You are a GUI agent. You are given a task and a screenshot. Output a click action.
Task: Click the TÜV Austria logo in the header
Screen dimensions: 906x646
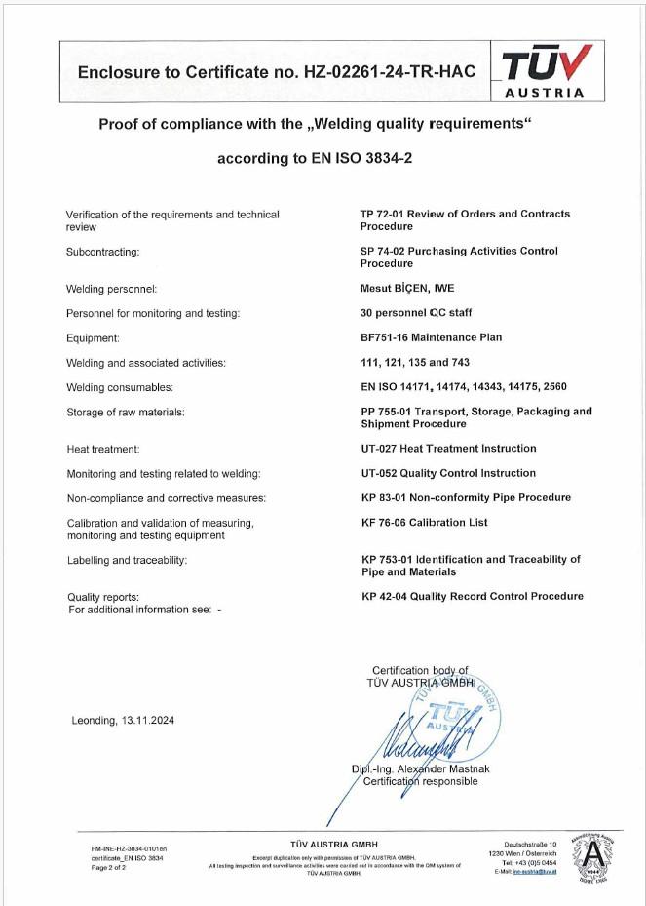tap(546, 71)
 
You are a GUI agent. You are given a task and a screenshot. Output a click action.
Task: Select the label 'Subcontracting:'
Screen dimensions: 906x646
tap(102, 252)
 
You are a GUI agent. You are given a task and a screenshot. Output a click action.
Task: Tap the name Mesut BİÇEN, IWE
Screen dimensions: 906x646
tap(407, 289)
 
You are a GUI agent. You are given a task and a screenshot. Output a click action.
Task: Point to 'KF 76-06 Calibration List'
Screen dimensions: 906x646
tap(424, 523)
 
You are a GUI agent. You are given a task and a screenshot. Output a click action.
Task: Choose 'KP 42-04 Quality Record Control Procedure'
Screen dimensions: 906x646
tap(473, 596)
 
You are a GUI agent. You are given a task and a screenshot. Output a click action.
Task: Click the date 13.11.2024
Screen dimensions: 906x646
tap(147, 721)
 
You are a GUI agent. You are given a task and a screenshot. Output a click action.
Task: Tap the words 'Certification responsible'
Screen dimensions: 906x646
tap(420, 782)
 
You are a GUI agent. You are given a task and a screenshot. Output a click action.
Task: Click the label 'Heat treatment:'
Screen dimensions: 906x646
tap(103, 449)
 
